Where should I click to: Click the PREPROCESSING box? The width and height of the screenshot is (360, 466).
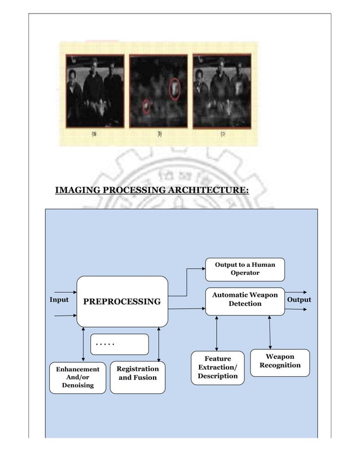pos(122,302)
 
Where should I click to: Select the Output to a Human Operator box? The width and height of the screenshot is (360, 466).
pos(244,269)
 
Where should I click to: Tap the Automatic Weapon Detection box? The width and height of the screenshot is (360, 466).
pos(244,300)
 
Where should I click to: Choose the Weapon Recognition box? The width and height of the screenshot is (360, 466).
pos(279,362)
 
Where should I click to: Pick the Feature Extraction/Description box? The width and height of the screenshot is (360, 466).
pos(217,367)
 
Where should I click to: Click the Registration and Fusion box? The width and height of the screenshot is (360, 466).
pos(137,376)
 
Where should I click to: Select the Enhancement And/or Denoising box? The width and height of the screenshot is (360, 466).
pos(77,377)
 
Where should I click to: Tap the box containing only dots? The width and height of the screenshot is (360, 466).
pos(119,344)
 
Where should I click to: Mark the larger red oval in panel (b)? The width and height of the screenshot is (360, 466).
pos(175,89)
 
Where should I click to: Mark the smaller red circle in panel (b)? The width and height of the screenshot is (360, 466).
pos(147,105)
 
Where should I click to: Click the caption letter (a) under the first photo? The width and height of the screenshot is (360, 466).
pos(94,134)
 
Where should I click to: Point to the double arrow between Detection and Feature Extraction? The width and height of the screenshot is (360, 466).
pos(217,333)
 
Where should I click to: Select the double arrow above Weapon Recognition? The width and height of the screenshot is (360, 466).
pos(270,332)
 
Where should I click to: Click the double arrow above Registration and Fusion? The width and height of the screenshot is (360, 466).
pos(159,344)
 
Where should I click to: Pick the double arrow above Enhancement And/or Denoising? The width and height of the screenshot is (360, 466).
pos(83,344)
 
